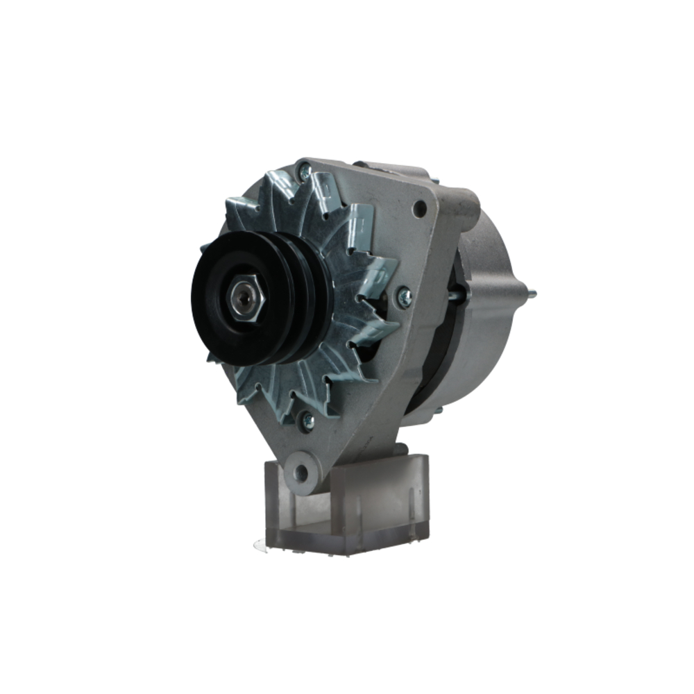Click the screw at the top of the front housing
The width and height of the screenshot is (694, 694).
tap(303, 170)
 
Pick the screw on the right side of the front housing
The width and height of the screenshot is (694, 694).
tap(404, 297)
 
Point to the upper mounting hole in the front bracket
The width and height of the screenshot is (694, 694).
tap(419, 208)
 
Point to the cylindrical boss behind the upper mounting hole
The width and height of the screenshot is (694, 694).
tap(462, 201)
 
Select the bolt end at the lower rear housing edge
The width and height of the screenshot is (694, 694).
tap(438, 410)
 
